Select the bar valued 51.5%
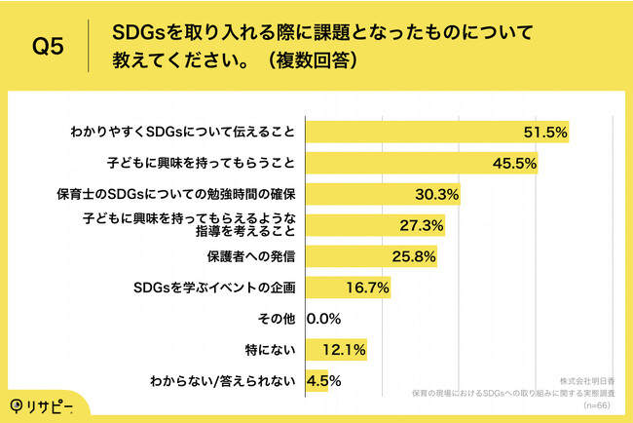click(x=438, y=132)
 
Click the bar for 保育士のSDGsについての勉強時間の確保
click(x=384, y=193)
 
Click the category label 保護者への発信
click(x=251, y=256)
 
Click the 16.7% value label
click(x=368, y=288)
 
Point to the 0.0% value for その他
click(x=323, y=318)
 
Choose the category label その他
click(x=277, y=318)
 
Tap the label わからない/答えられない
click(x=225, y=380)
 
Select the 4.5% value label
click(x=323, y=379)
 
